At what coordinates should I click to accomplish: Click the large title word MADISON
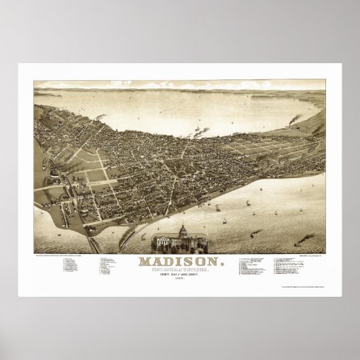179,261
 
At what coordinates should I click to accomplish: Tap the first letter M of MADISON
145,261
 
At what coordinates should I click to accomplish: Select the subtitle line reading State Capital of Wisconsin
179,270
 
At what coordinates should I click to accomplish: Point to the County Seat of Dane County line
179,275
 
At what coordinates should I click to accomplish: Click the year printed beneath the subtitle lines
179,280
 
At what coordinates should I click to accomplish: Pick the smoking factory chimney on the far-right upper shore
293,121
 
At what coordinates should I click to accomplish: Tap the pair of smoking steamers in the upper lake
201,131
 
